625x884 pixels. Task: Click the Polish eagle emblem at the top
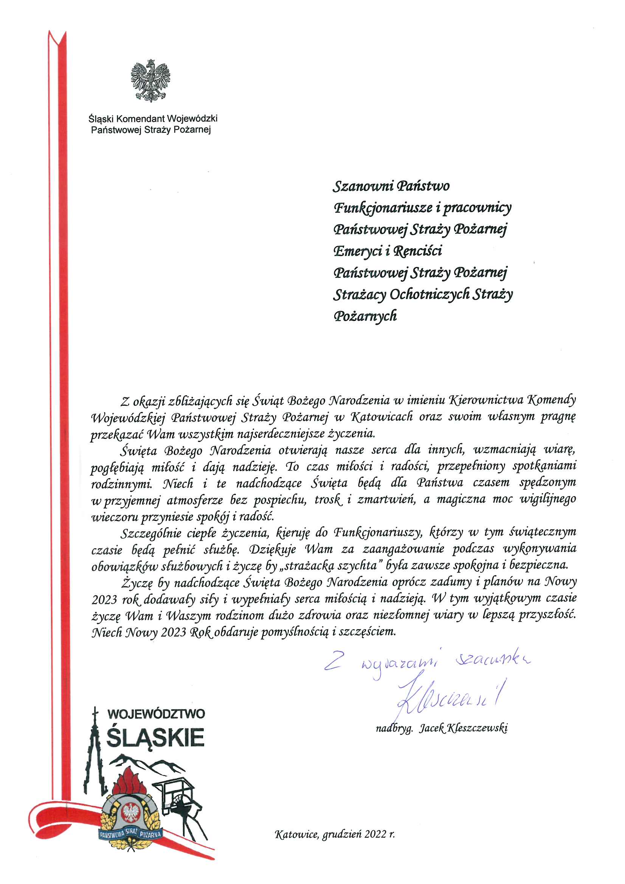pos(150,81)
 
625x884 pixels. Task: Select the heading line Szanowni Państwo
pos(391,186)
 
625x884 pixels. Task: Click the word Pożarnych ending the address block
pos(365,316)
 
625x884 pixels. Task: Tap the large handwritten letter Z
pos(333,660)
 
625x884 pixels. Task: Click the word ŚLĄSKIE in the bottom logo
pos(155,737)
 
